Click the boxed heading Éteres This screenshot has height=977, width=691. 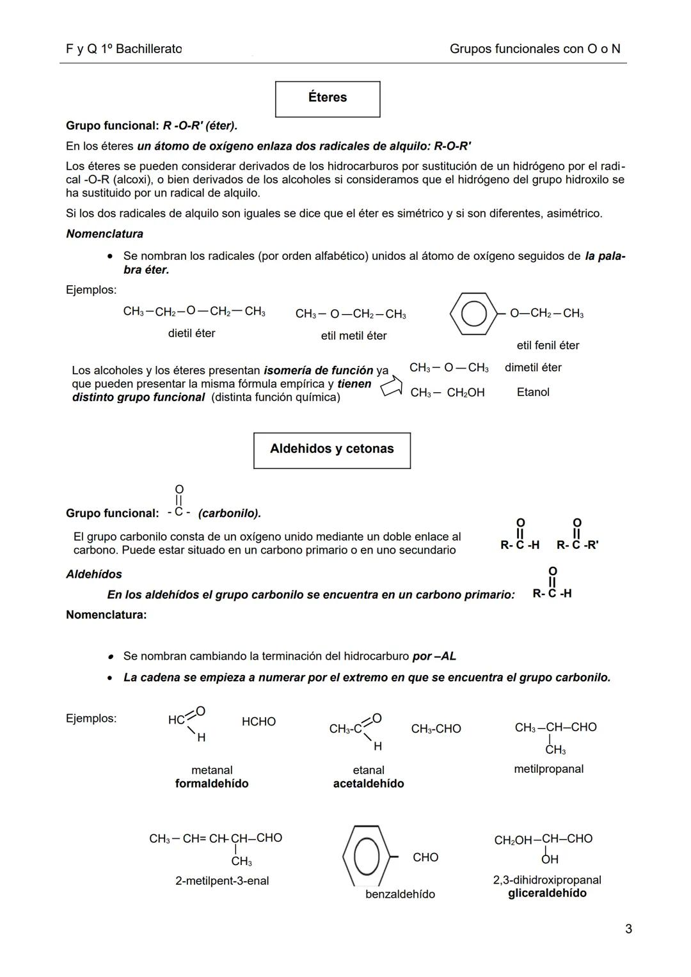327,98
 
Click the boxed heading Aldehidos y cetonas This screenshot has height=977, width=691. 331,449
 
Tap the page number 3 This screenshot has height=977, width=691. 628,929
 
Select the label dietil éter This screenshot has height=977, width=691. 191,333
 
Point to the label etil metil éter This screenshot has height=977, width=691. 353,336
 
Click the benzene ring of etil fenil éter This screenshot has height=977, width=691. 473,314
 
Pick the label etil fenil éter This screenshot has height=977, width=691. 548,346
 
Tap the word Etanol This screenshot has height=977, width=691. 533,392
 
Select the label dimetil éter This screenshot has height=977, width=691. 533,368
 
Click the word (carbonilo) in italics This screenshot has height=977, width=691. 230,514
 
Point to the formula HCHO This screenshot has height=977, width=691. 258,722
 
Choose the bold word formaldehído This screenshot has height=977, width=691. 212,784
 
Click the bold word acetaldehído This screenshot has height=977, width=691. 369,784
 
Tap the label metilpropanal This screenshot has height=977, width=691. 548,769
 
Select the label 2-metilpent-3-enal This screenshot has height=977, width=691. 222,881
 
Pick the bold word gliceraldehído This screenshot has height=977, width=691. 547,893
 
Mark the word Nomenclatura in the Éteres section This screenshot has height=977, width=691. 104,234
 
